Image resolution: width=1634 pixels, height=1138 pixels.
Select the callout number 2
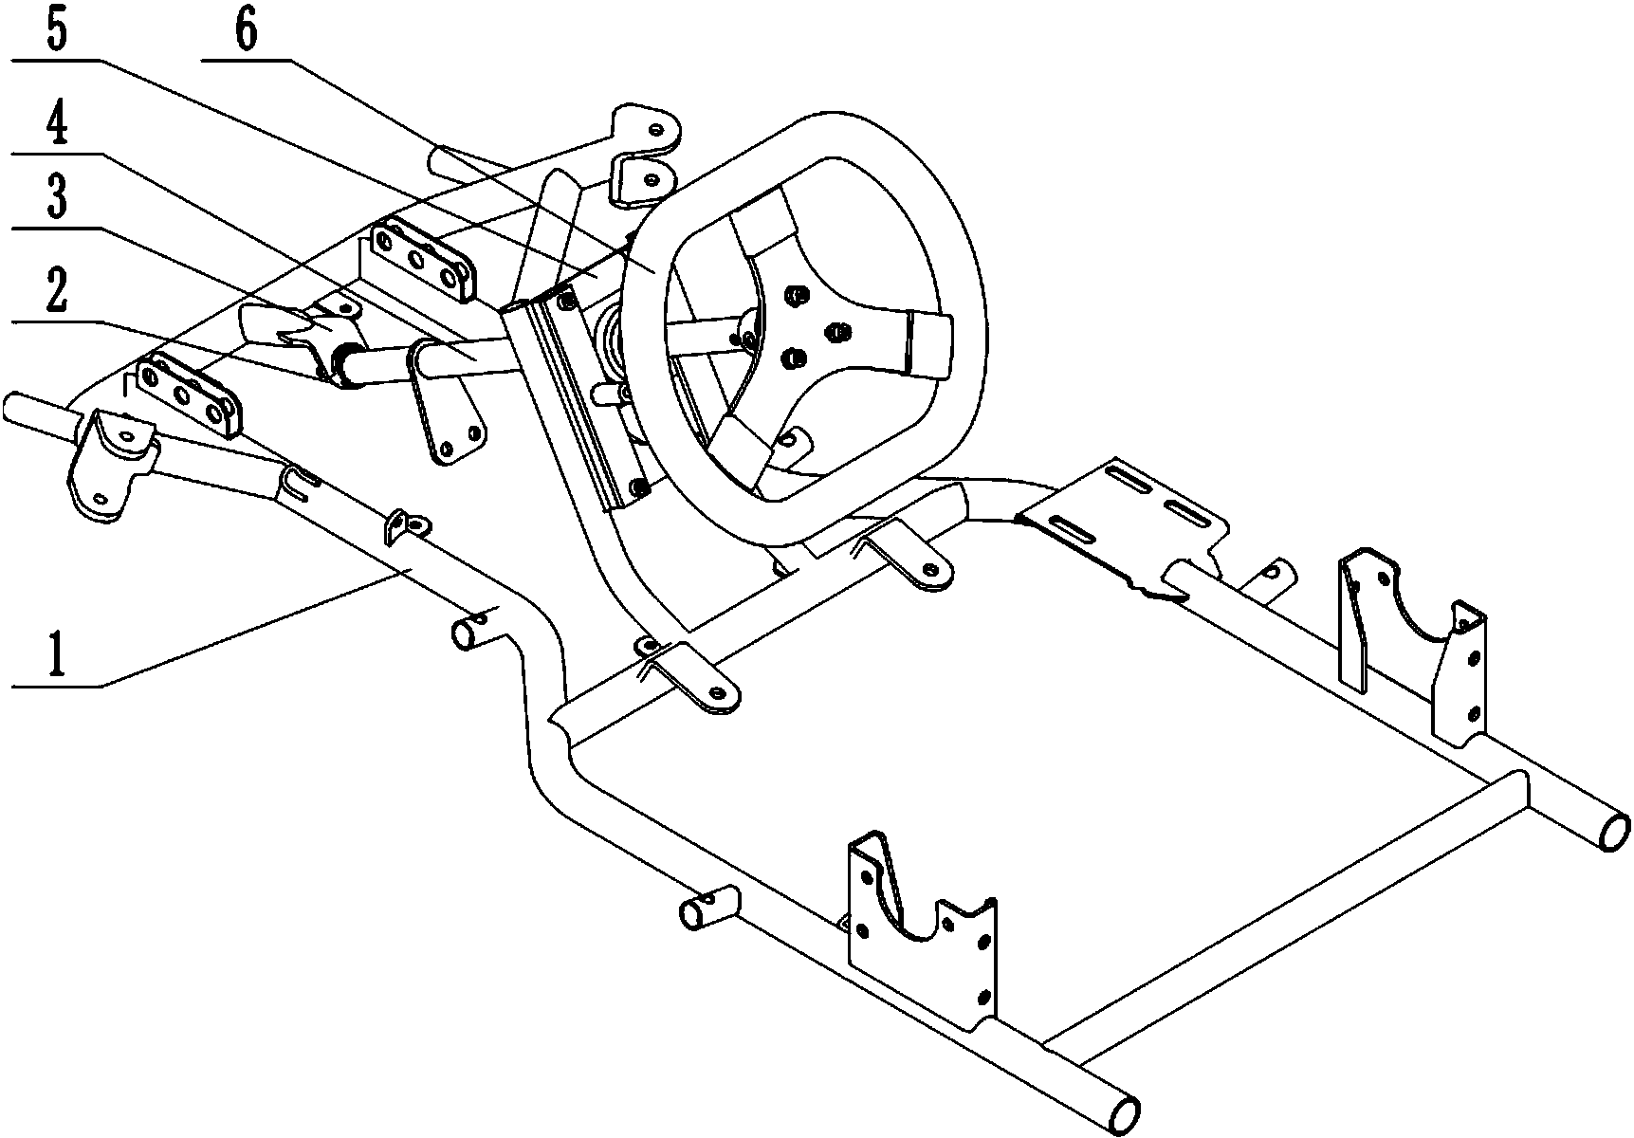[x=55, y=296]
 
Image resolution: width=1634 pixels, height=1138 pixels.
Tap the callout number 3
[x=56, y=200]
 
